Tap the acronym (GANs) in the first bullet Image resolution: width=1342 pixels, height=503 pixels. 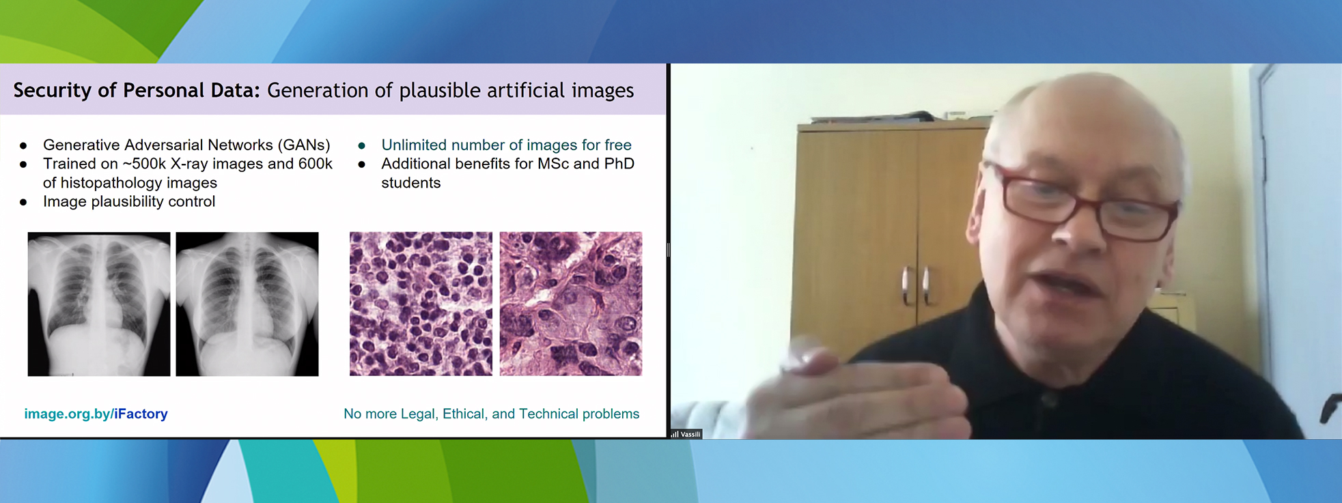pyautogui.click(x=304, y=145)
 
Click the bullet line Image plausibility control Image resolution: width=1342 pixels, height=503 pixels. pyautogui.click(x=129, y=201)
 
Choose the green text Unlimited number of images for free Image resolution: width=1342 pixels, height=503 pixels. pyautogui.click(x=506, y=145)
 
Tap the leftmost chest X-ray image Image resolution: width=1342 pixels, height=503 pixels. pyautogui.click(x=99, y=304)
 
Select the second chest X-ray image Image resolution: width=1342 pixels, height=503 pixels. pyautogui.click(x=247, y=304)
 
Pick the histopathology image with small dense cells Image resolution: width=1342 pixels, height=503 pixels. pyautogui.click(x=421, y=304)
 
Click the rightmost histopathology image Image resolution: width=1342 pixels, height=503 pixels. pyautogui.click(x=571, y=304)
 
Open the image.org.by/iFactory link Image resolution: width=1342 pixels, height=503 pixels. pyautogui.click(x=96, y=414)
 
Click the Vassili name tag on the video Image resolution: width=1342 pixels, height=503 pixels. pyautogui.click(x=686, y=434)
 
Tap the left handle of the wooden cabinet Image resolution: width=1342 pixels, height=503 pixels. pyautogui.click(x=906, y=285)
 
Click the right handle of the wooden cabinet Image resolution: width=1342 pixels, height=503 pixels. pyautogui.click(x=927, y=285)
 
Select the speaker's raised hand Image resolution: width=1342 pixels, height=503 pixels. pyautogui.click(x=861, y=389)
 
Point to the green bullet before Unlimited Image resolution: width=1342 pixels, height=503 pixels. pyautogui.click(x=362, y=146)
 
